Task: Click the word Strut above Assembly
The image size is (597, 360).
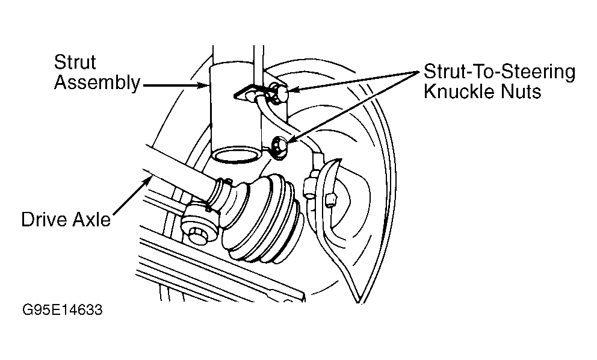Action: click(75, 62)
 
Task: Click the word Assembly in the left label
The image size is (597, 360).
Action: click(97, 82)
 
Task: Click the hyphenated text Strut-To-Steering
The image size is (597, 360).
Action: click(500, 72)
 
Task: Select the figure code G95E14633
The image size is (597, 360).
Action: click(62, 309)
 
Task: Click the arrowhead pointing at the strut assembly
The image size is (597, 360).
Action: click(204, 85)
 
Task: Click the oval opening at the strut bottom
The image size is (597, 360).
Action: click(236, 155)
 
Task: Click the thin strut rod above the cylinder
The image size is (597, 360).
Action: click(258, 65)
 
